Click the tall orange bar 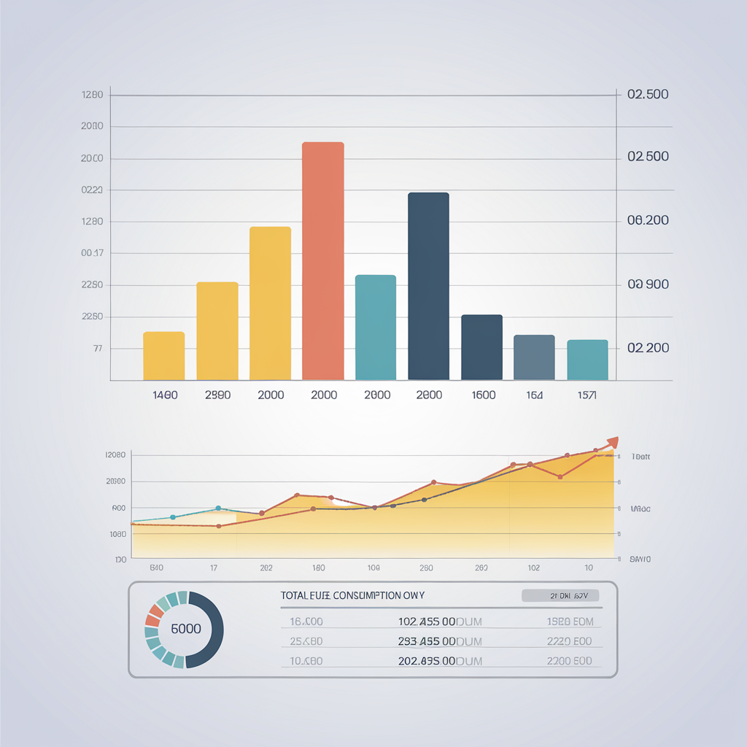(x=322, y=260)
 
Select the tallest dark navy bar (x=428, y=286)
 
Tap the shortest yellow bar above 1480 (x=163, y=355)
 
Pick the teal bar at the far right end (x=587, y=360)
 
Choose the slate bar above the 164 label (x=534, y=357)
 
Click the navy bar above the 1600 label (x=481, y=347)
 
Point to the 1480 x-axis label (x=165, y=395)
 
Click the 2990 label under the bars (x=217, y=395)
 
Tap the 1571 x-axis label (x=586, y=395)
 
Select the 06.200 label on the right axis (x=648, y=220)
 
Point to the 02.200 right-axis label (x=648, y=348)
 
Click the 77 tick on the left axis (x=98, y=349)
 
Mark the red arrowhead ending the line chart (x=612, y=442)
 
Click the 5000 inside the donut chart (x=185, y=629)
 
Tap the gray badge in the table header (x=560, y=595)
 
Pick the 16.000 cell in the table (x=306, y=622)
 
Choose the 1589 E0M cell (x=570, y=622)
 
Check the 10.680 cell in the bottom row (x=306, y=661)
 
